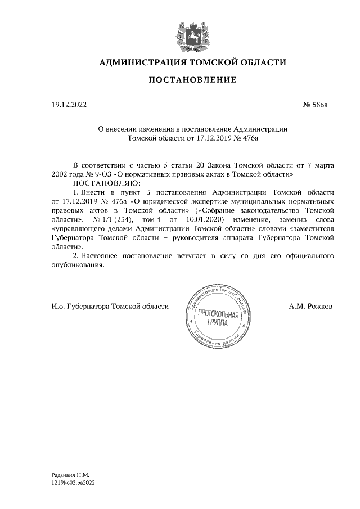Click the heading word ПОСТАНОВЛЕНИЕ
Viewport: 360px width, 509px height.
[x=192, y=81]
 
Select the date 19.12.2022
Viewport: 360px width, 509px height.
[x=69, y=105]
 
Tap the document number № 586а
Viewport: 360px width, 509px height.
[x=315, y=105]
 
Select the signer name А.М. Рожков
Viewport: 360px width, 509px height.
[x=310, y=306]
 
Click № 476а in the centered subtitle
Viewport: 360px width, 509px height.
[x=245, y=137]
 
